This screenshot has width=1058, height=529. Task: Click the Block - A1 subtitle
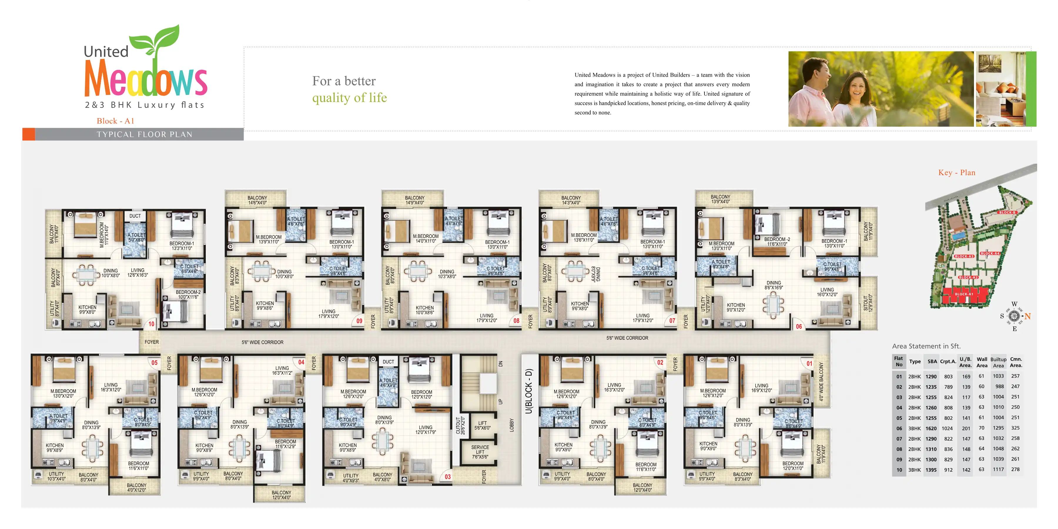115,121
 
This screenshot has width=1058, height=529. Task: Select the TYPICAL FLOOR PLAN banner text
145,135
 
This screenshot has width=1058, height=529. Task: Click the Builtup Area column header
998,362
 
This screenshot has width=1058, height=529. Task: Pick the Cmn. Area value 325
1015,428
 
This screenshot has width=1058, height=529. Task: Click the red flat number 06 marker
799,327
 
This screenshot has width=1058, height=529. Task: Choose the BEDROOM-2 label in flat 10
188,294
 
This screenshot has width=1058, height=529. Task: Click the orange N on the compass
1028,316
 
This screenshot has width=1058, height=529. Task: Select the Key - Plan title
957,173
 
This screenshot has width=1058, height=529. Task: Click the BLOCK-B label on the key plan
1007,212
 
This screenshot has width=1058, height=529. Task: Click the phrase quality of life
349,98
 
